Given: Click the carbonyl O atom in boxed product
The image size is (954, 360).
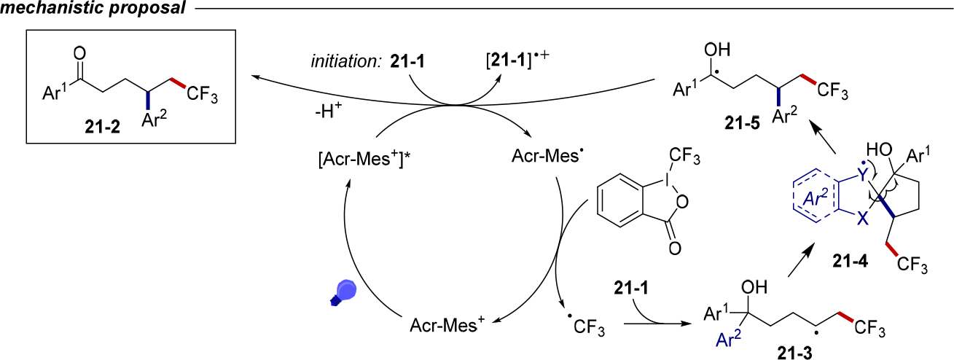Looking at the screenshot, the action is (79, 52).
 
